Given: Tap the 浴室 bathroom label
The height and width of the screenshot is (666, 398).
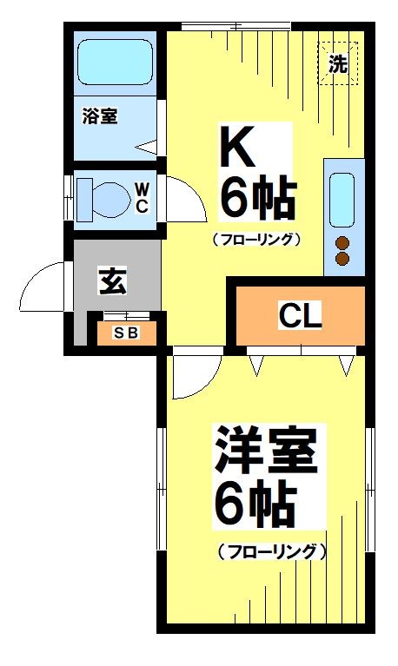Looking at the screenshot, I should click(x=100, y=115).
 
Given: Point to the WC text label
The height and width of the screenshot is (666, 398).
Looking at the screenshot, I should click(x=142, y=197).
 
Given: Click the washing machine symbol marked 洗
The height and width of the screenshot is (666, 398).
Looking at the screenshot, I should click(x=337, y=63).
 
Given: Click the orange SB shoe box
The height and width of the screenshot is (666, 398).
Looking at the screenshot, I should click(x=126, y=333).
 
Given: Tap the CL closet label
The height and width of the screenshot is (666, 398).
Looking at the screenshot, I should click(x=299, y=316).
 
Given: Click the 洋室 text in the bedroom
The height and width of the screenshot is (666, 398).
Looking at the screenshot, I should click(x=265, y=452).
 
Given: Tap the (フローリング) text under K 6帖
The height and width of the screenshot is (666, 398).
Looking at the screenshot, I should click(x=255, y=239).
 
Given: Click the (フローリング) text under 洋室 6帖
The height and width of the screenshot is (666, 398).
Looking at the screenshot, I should click(x=272, y=551).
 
